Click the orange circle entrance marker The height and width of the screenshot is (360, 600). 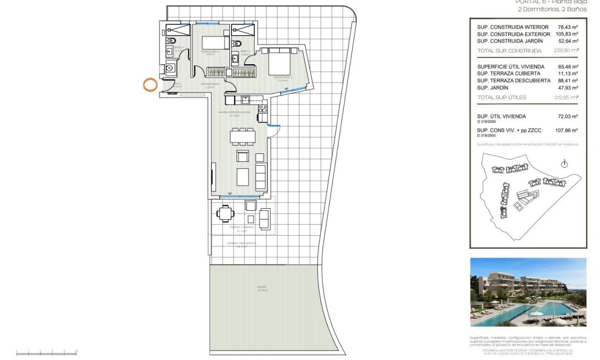150,84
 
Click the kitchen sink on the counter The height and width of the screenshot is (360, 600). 245,99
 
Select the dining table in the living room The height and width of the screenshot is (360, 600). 242,136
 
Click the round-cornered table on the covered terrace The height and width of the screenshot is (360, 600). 225,215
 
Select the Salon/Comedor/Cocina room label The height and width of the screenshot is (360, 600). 238,113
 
